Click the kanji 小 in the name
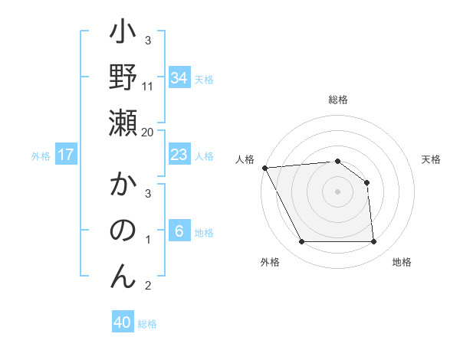tap(123, 34)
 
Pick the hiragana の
tap(123, 231)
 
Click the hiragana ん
tap(123, 274)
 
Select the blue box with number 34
tap(179, 77)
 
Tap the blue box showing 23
tap(179, 155)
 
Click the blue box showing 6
tap(179, 231)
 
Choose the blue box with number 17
tap(66, 155)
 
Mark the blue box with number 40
tap(123, 322)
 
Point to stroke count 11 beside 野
tap(148, 86)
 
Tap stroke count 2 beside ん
tap(148, 286)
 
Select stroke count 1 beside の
tap(148, 241)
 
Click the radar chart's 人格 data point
tap(264, 168)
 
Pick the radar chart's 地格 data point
tap(374, 242)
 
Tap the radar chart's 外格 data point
tap(301, 242)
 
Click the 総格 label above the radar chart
tap(338, 100)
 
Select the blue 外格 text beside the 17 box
tap(41, 155)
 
